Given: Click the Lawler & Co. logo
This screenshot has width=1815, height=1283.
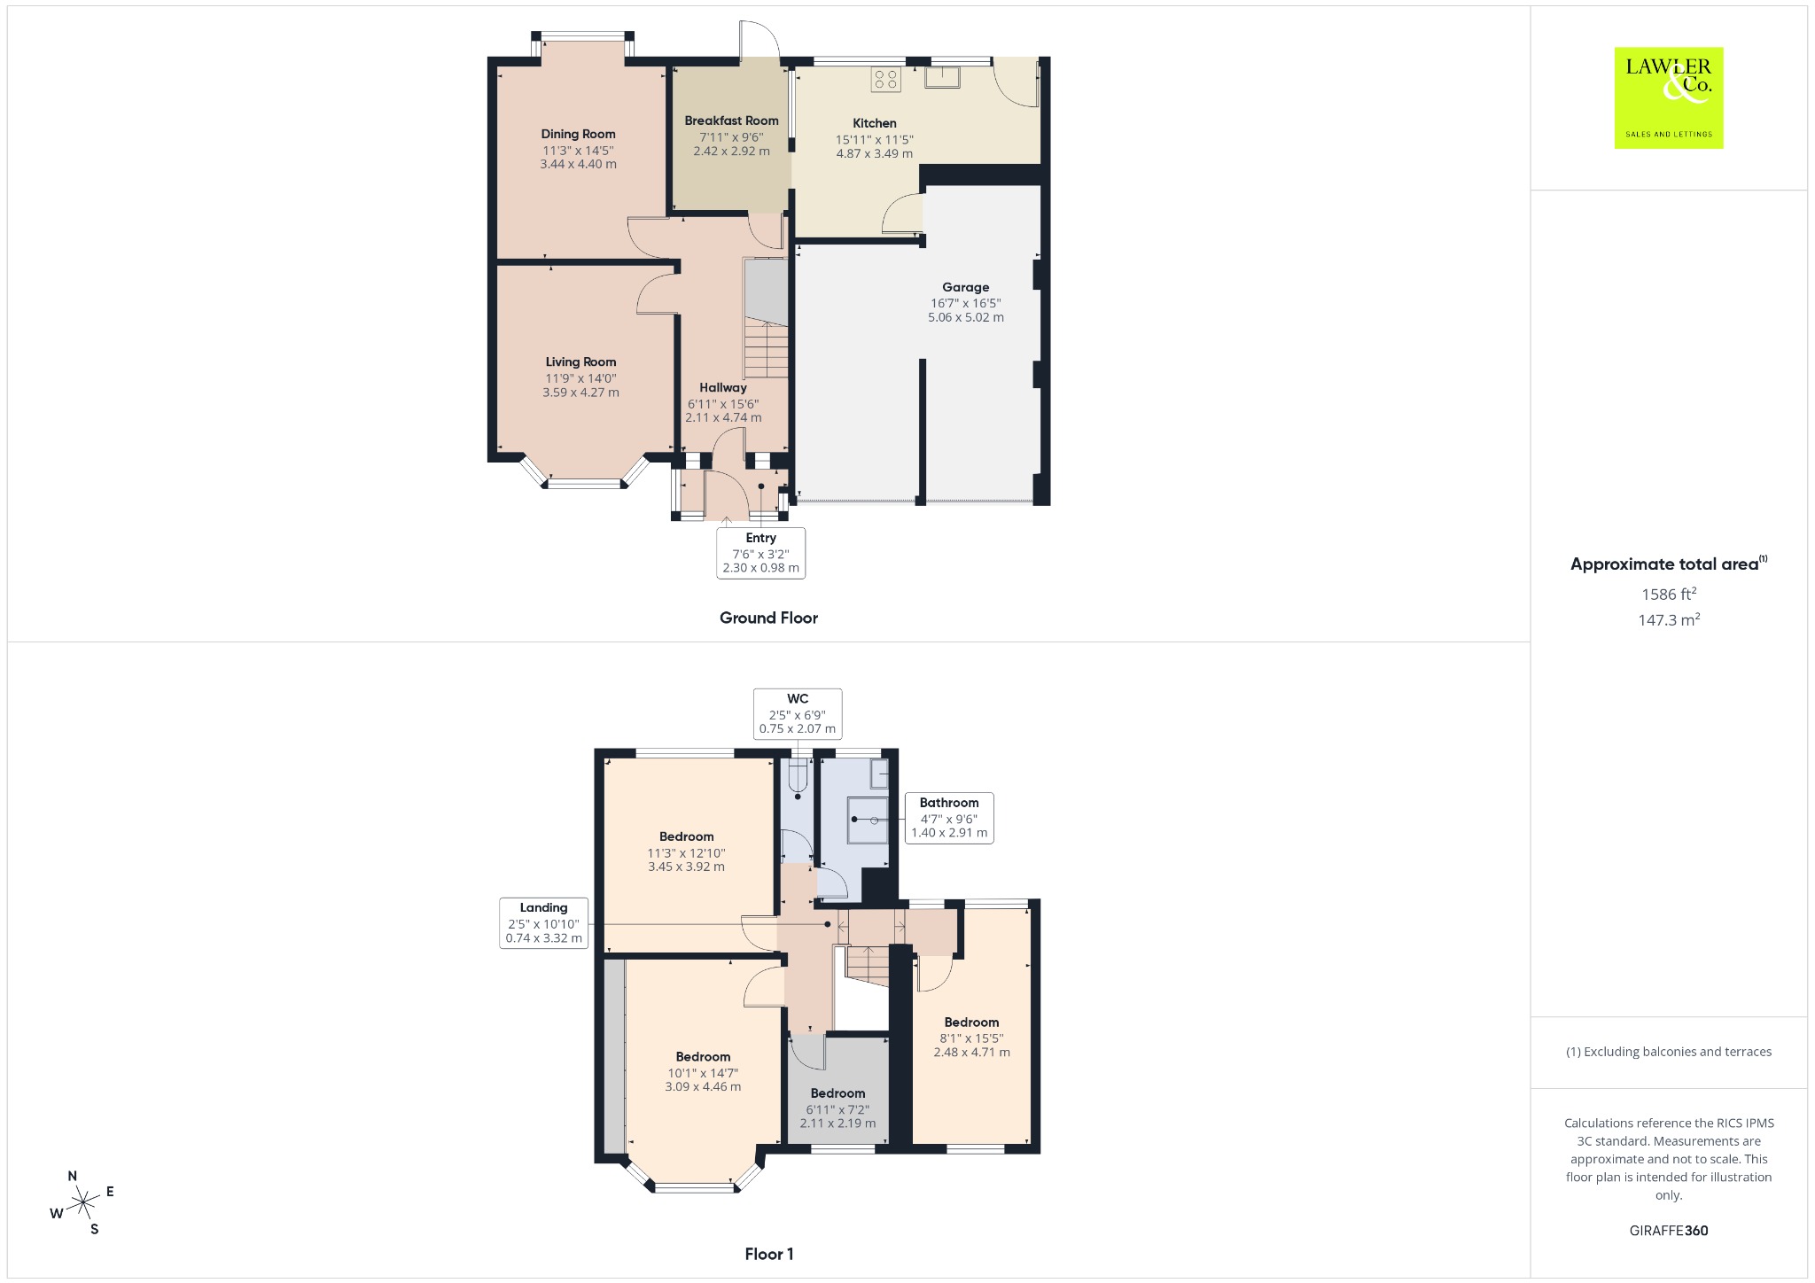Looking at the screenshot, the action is [1668, 97].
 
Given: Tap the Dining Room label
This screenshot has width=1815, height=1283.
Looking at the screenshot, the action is [578, 134].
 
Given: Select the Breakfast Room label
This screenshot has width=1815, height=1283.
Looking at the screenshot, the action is [731, 121].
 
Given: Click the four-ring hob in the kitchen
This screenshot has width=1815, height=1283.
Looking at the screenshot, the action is [885, 80].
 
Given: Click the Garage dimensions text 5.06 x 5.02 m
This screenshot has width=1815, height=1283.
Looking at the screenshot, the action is [965, 317].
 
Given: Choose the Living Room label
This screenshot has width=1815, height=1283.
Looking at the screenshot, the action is [580, 362].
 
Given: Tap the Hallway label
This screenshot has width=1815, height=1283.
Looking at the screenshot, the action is [723, 387].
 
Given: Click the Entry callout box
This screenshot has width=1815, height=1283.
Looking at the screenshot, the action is [760, 553].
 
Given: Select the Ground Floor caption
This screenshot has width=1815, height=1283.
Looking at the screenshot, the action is [768, 618].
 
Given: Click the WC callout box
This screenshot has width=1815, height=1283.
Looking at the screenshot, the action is [797, 713].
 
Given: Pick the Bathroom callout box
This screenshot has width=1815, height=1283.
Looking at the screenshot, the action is [948, 818].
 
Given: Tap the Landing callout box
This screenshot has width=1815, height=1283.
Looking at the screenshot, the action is [543, 922].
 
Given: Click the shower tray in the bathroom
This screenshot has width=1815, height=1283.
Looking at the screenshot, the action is [868, 820].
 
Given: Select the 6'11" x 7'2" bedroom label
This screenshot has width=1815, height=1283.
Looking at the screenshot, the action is [837, 1108].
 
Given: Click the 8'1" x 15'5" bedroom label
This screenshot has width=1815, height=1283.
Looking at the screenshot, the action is [971, 1038].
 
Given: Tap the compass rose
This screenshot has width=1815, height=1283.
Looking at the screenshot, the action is [82, 1202].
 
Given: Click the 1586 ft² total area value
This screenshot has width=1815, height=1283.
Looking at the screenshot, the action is [1669, 594].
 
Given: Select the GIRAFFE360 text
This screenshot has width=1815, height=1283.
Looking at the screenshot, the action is [1669, 1231].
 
